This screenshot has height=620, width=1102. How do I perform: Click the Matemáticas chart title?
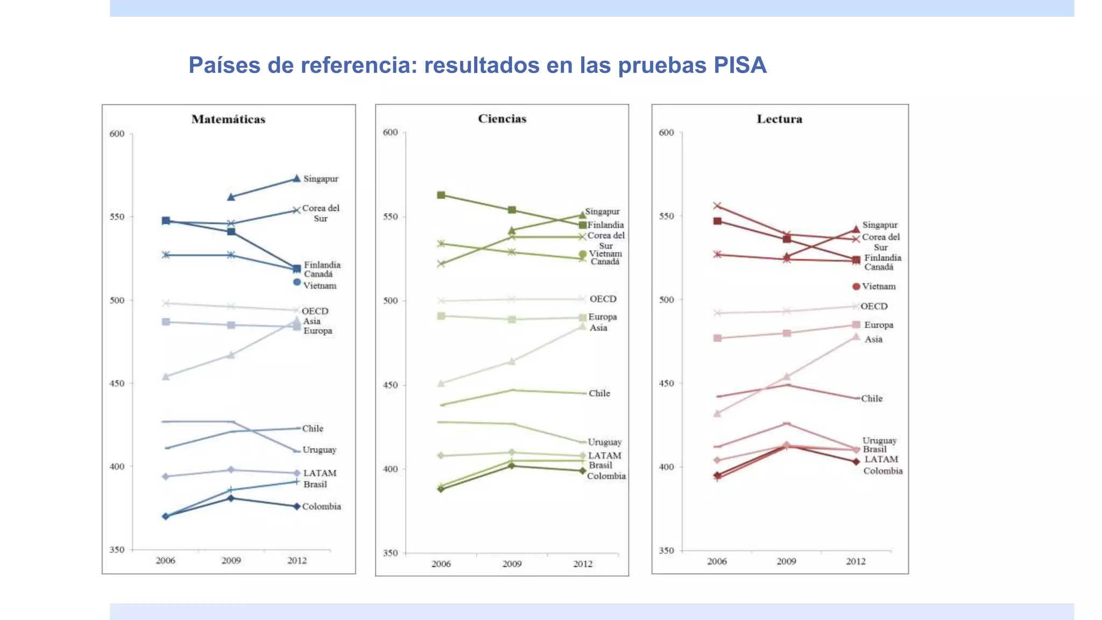coord(228,119)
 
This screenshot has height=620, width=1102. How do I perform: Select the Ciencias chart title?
coord(502,119)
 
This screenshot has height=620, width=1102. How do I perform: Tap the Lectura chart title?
coord(779,119)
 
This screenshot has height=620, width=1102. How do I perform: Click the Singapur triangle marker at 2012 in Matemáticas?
coord(296,179)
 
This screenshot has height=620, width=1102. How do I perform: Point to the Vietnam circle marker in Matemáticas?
coord(296,282)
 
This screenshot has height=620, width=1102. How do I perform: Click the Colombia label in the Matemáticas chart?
coord(321,506)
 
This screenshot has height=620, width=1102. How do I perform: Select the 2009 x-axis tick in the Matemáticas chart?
coord(231,561)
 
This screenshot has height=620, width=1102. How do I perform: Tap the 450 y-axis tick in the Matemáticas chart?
coord(117,384)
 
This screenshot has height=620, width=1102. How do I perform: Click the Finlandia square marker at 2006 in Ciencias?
coord(441,195)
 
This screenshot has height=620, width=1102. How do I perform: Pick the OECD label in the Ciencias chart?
coord(603,299)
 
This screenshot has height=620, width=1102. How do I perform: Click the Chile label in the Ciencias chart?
coord(599,393)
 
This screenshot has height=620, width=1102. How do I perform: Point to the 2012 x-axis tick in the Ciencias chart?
coord(583,564)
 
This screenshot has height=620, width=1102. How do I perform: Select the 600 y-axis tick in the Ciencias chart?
coord(390,132)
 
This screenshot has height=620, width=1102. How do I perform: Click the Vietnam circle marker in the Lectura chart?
coord(856,286)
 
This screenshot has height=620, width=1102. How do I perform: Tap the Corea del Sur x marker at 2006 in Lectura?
coord(717,206)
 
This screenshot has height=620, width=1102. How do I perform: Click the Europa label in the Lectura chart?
coord(878,325)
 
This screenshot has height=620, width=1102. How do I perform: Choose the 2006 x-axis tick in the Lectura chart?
coord(717,561)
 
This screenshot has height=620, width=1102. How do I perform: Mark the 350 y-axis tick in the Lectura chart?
coord(666,551)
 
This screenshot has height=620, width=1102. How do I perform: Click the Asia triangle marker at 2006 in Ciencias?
coord(441,384)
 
